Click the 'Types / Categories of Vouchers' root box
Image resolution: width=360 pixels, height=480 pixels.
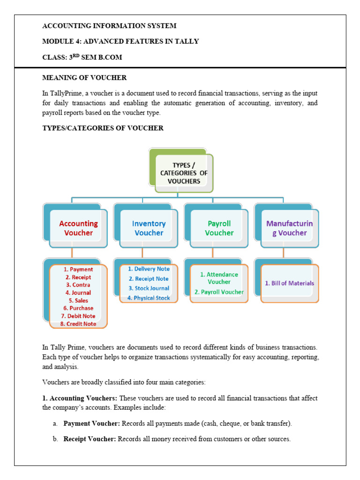(x=183, y=173)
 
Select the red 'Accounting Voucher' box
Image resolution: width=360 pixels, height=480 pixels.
(x=78, y=228)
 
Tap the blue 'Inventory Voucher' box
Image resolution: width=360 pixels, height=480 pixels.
(x=149, y=228)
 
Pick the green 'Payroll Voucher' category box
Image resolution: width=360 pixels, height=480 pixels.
(x=219, y=228)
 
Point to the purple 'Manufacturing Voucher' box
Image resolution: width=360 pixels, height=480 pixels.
(x=289, y=228)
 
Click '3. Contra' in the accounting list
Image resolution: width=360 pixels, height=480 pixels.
(x=78, y=285)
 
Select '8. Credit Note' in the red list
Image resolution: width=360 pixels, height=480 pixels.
(x=78, y=324)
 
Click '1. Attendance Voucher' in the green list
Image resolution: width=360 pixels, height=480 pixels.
(x=219, y=278)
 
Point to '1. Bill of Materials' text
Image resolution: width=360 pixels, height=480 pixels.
(x=289, y=283)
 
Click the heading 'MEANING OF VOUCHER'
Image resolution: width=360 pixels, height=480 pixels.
(x=84, y=77)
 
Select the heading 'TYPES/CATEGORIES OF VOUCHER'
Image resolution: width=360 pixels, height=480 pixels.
(x=103, y=128)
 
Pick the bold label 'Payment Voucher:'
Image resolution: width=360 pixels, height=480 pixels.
(x=92, y=424)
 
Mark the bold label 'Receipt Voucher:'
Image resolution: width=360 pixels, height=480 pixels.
(x=90, y=439)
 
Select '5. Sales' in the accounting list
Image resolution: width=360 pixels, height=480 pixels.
(x=78, y=300)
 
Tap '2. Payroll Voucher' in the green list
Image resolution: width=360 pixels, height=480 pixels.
(x=219, y=292)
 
